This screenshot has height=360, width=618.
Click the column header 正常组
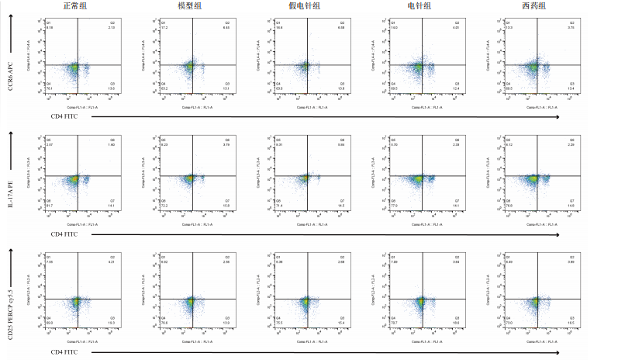75,5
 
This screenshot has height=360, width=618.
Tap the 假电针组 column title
306,5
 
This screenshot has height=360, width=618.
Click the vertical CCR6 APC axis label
11,72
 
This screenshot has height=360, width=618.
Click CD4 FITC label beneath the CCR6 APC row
64,117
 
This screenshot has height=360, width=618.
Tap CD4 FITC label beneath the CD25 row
64,353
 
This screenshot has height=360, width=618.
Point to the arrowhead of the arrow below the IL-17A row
558,235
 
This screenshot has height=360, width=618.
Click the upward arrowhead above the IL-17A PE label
11,133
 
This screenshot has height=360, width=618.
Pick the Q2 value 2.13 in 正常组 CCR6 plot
112,28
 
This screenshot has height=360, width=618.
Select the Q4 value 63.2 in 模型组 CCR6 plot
164,89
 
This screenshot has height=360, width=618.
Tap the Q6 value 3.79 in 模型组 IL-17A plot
226,145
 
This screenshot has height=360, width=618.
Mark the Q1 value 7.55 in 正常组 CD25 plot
49,262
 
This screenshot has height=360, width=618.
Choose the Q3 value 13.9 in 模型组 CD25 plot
226,322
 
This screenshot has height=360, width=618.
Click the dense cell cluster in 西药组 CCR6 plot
533,68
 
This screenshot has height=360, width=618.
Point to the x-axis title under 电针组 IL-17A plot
419,225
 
